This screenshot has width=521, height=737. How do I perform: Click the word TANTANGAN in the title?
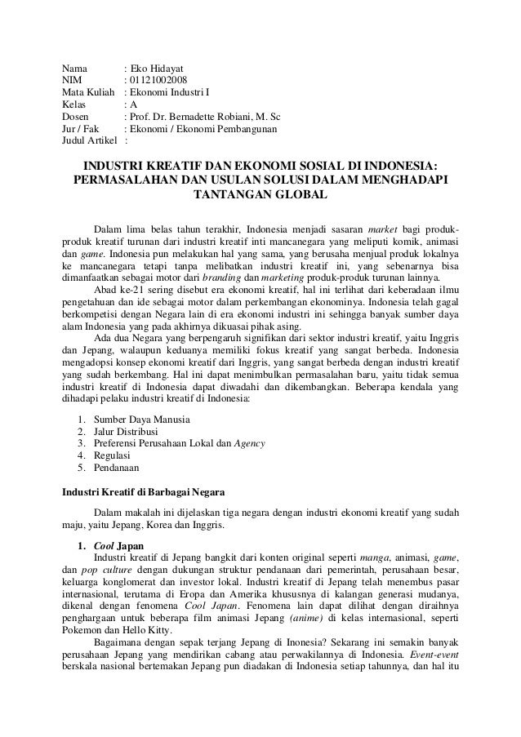(231, 196)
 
